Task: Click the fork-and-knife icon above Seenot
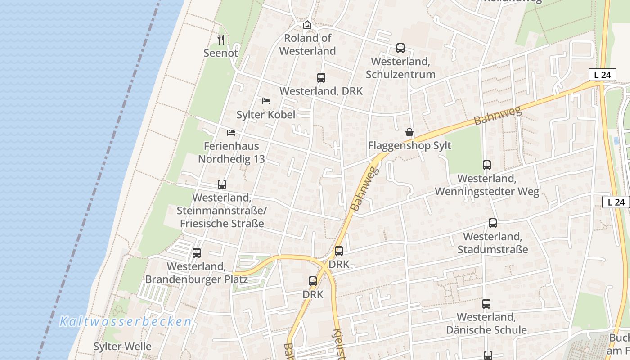click(221, 40)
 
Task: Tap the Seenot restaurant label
click(220, 53)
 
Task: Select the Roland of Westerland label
click(307, 45)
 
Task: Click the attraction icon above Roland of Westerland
click(307, 25)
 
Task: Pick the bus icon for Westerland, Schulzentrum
click(400, 48)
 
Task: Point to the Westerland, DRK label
click(321, 91)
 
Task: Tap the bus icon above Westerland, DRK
click(321, 78)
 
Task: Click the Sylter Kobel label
click(266, 115)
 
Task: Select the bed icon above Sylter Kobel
click(266, 101)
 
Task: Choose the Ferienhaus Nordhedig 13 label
click(231, 153)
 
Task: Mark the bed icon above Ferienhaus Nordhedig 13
click(231, 133)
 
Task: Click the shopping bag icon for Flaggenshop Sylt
click(409, 132)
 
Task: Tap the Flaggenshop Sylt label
click(409, 146)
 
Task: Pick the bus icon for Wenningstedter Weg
click(487, 165)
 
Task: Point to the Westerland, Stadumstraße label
click(492, 243)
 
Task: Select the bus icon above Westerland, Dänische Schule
click(486, 304)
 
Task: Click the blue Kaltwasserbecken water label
click(126, 322)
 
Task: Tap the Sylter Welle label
click(122, 346)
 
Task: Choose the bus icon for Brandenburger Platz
click(197, 253)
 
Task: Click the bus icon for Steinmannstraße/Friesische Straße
click(222, 184)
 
